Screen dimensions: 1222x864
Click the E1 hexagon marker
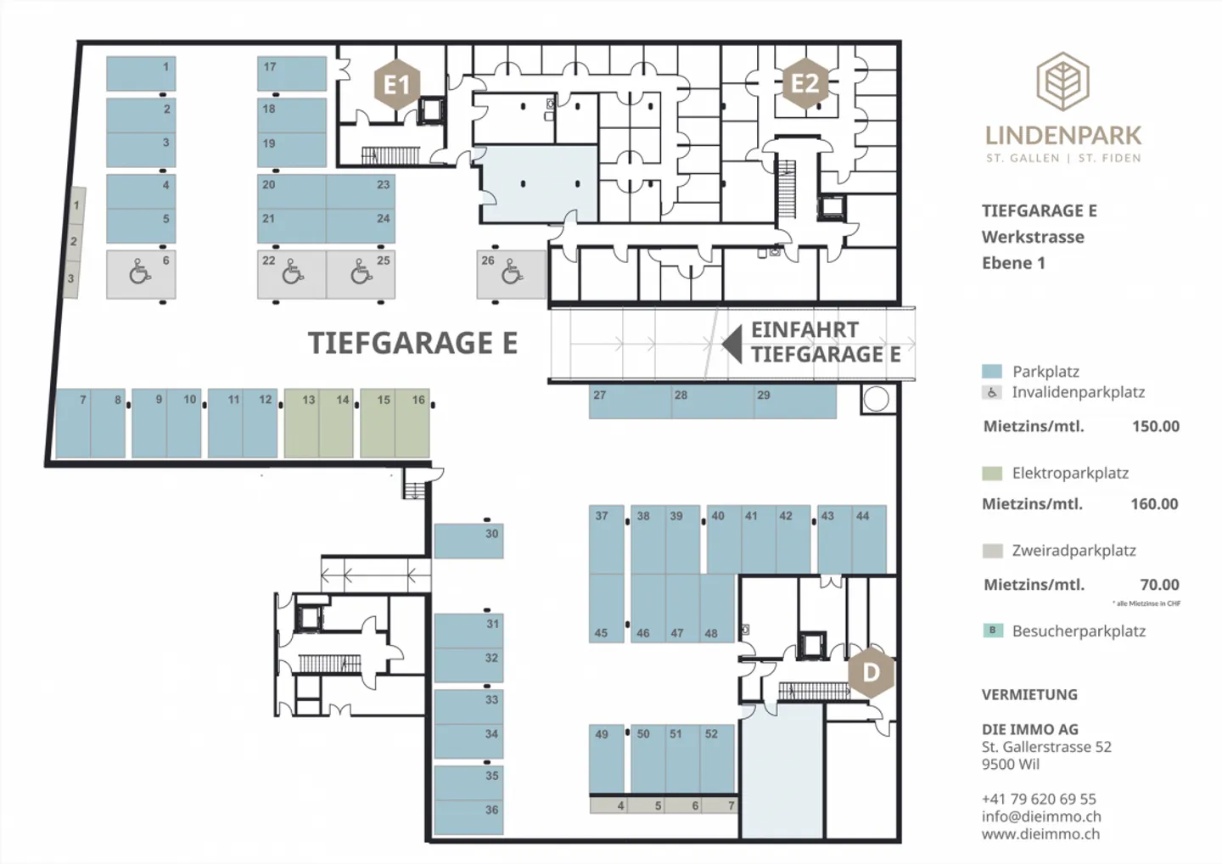[x=396, y=84]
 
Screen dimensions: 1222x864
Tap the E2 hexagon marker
[x=805, y=83]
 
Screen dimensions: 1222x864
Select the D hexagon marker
[x=872, y=672]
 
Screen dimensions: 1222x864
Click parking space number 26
[x=511, y=274]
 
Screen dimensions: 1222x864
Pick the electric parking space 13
[x=302, y=424]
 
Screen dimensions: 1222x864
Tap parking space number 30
[x=468, y=541]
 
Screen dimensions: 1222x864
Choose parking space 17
[x=292, y=74]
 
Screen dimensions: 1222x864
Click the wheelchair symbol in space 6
[x=140, y=272]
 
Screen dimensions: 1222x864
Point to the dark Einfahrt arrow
[x=732, y=345]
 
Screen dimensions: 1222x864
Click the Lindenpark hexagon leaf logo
[x=1062, y=81]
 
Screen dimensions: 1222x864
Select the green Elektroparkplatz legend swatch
[x=992, y=474]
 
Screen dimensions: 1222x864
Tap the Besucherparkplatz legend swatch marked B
[x=992, y=631]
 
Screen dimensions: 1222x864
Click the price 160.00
[x=1154, y=504]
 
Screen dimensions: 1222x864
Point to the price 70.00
[x=1159, y=585]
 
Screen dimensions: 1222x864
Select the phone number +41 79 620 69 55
[x=1039, y=799]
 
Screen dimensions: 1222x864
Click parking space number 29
[x=795, y=402]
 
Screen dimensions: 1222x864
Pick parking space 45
[x=606, y=609]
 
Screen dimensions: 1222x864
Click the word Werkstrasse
[x=1033, y=238]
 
